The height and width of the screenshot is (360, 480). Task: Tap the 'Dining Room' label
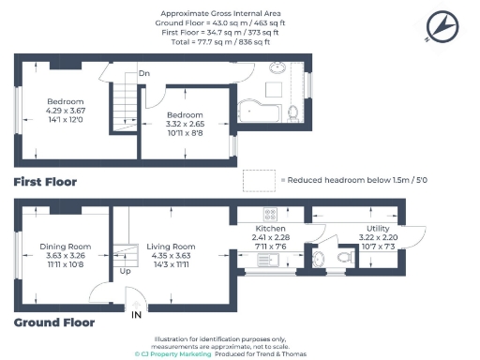[66, 247]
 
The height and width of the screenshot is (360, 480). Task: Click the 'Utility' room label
[379, 228]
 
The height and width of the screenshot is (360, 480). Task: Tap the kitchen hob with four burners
[270, 213]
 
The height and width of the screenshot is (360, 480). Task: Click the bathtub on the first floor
[262, 112]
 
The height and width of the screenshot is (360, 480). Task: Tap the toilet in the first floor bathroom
[294, 112]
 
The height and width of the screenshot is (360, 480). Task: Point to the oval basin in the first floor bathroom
[278, 68]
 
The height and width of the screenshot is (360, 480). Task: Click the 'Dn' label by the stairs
[144, 72]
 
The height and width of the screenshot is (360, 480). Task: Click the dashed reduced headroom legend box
[257, 179]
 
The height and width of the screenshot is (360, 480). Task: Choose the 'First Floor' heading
[45, 181]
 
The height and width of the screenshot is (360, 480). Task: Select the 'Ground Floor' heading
[54, 322]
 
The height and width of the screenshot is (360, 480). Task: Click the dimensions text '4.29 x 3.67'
[66, 111]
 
